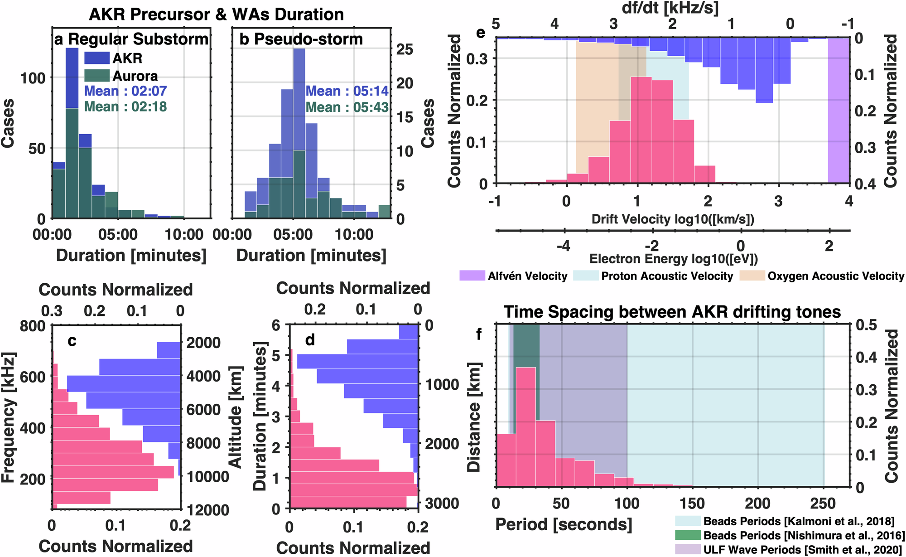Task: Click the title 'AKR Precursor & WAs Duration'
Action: (216, 15)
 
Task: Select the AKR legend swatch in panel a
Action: (97, 58)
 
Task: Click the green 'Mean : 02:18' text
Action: (125, 107)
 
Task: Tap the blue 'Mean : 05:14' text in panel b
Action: (347, 91)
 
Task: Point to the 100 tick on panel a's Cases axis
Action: (33, 78)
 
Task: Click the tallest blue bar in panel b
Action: (299, 100)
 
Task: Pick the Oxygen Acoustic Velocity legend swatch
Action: (752, 276)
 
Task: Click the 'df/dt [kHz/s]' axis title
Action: (670, 8)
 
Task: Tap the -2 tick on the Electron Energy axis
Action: (651, 246)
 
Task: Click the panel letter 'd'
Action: (310, 340)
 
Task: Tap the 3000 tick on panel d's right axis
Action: (442, 503)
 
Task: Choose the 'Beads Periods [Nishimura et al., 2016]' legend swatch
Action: (688, 535)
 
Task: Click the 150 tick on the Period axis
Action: (692, 504)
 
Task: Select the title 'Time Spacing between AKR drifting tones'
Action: (672, 312)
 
